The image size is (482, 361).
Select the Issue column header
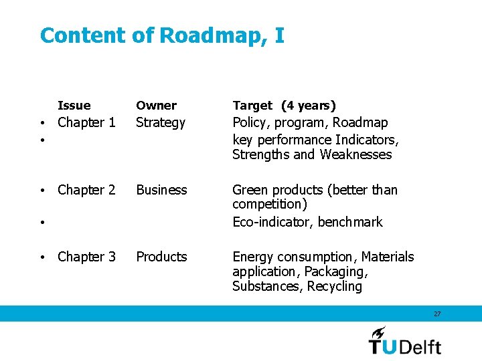[74, 106]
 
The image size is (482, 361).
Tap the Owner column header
[156, 106]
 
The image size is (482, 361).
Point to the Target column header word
[252, 106]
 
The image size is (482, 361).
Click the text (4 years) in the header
[309, 106]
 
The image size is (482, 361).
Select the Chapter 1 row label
[86, 123]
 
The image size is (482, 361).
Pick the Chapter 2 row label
[86, 190]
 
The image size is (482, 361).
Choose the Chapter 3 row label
[86, 257]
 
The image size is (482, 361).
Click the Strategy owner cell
[161, 123]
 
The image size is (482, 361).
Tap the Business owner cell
[161, 190]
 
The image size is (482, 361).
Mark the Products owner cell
[161, 257]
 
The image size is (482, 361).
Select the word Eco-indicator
[272, 222]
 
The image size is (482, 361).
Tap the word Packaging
[336, 271]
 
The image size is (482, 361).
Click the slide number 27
[437, 314]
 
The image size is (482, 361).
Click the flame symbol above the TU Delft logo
[379, 332]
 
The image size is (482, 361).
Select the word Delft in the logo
[420, 346]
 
